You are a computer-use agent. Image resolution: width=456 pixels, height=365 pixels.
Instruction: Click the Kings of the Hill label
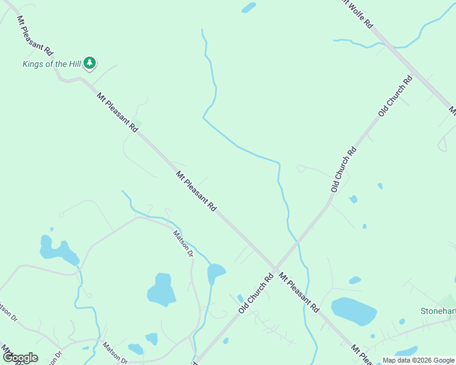point(51,64)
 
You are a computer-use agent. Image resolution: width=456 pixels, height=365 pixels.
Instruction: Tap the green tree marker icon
point(90,63)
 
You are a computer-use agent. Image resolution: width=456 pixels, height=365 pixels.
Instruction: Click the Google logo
point(20,358)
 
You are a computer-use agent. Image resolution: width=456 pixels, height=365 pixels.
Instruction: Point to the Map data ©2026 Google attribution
point(418,360)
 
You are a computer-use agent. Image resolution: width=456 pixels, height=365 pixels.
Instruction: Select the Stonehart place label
point(438,311)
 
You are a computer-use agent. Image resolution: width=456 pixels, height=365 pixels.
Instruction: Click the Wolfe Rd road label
point(358,15)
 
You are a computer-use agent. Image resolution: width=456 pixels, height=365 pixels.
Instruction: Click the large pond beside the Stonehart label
point(354,311)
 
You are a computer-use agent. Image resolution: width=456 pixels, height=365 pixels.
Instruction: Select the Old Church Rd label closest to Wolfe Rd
point(396,96)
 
